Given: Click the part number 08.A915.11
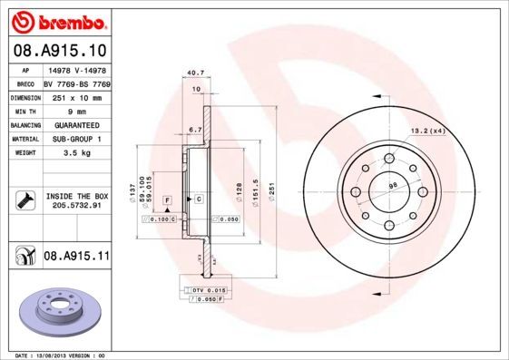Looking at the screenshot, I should (76, 257).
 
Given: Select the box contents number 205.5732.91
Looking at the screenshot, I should (76, 206).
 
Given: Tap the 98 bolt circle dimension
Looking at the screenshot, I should (392, 187).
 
